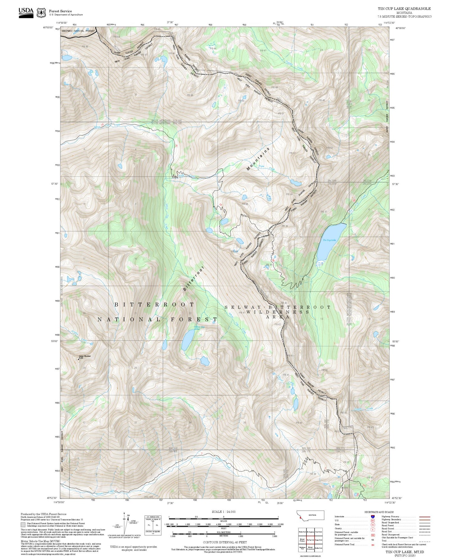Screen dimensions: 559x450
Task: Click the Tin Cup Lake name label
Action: click(329, 240)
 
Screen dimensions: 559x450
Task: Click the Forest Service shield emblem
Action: click(41, 13)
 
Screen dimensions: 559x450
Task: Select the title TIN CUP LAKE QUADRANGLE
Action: click(404, 9)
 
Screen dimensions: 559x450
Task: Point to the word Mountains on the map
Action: click(258, 159)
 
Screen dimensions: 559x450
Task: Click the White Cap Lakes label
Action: click(199, 327)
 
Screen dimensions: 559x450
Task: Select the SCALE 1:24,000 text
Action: click(224, 512)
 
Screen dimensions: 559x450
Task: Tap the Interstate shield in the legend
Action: click(372, 517)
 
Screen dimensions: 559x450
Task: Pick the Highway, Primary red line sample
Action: click(425, 517)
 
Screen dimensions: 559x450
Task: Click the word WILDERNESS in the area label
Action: click(278, 312)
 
